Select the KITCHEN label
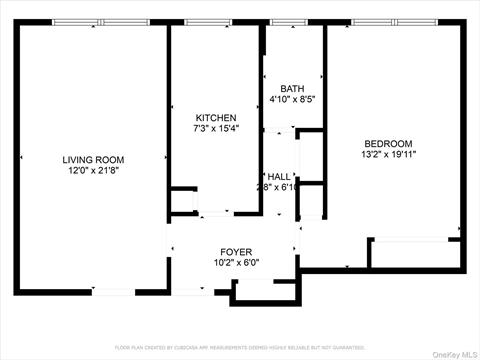click(215, 118)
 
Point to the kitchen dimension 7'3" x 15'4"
click(215, 129)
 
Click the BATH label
click(292, 89)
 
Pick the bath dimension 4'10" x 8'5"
click(292, 100)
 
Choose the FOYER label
click(236, 251)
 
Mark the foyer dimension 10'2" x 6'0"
click(236, 263)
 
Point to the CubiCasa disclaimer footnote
click(240, 347)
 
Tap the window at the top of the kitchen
click(209, 22)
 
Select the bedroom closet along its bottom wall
click(414, 253)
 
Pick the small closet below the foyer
click(265, 291)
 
